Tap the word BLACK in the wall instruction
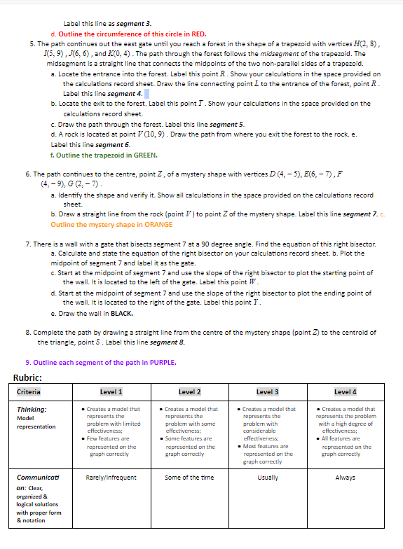point(121,313)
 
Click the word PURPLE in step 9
point(163,362)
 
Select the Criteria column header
point(29,392)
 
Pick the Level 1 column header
point(111,392)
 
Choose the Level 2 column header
point(189,392)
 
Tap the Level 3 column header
point(267,392)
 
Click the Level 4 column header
point(346,392)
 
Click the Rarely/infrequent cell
point(111,478)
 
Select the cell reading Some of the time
point(189,478)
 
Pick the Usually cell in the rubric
point(267,478)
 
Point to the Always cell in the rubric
point(346,478)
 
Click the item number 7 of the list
point(27,244)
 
